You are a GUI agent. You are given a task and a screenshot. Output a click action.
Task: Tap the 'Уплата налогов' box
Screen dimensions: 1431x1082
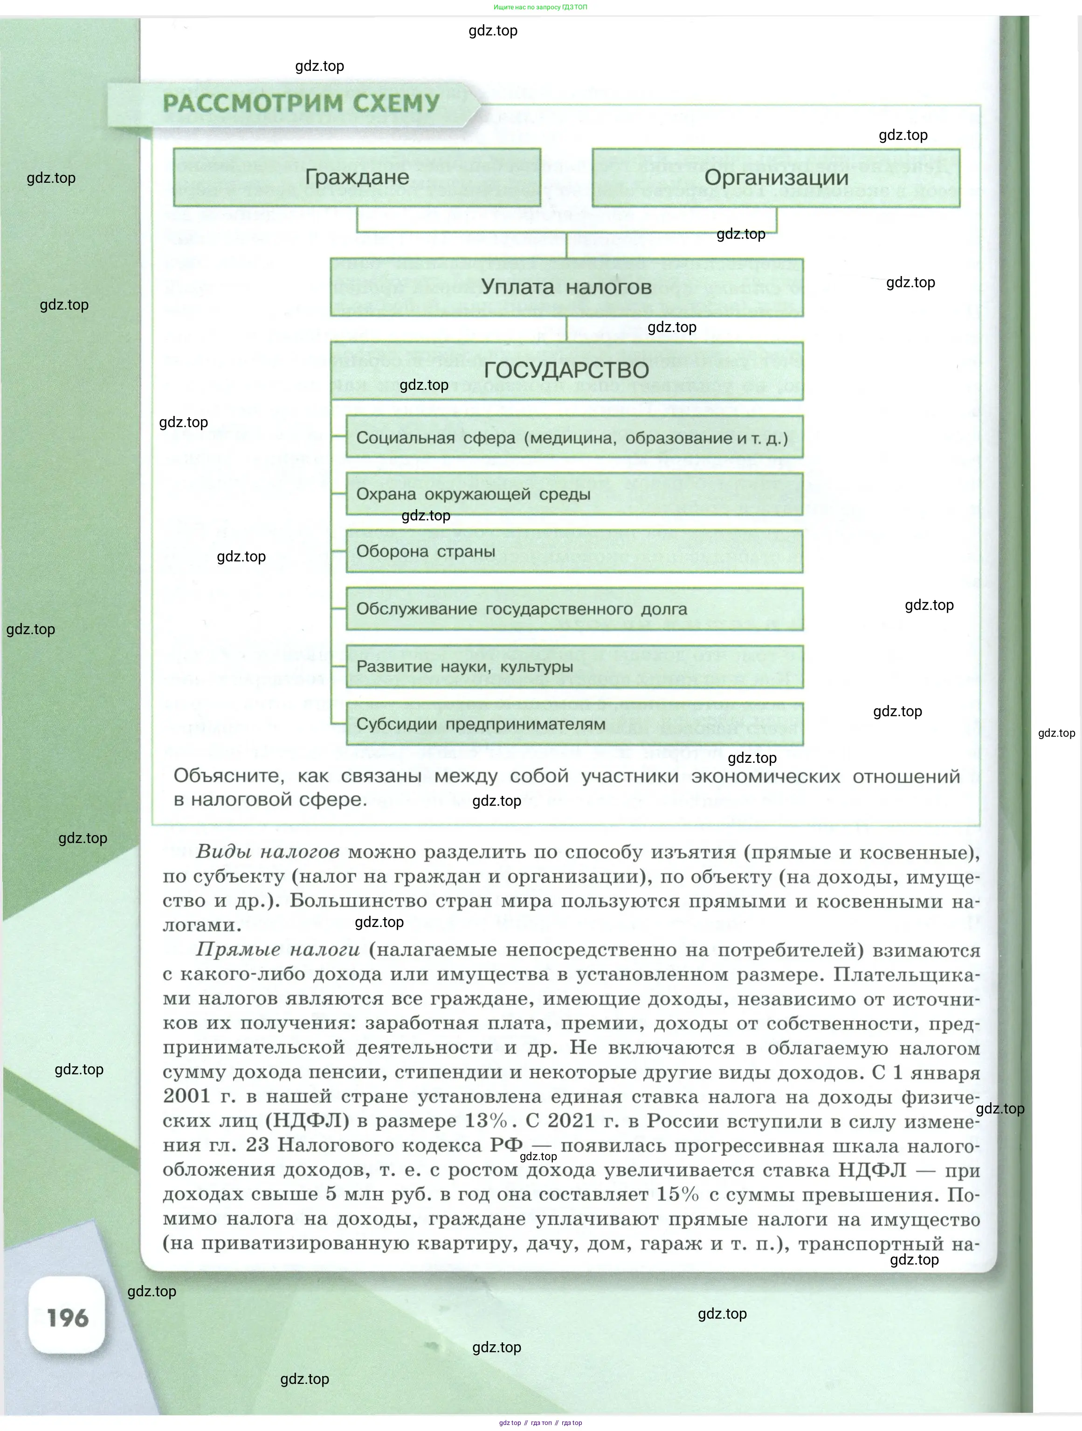click(x=566, y=287)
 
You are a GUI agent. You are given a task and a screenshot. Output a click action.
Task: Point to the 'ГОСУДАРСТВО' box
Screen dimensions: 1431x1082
click(x=566, y=370)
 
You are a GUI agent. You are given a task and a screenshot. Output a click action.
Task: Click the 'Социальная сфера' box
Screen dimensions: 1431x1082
click(x=574, y=438)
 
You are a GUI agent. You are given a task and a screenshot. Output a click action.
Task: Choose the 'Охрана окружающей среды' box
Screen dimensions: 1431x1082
click(x=574, y=495)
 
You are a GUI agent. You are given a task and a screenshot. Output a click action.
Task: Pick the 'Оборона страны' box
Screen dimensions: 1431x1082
click(x=574, y=552)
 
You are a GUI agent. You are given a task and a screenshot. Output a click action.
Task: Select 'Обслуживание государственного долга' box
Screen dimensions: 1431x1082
click(x=574, y=609)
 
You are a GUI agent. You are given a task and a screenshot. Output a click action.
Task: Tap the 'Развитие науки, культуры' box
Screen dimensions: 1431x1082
click(x=574, y=666)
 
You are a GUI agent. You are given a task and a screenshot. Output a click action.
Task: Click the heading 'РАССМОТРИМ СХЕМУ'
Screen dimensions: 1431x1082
click(x=301, y=104)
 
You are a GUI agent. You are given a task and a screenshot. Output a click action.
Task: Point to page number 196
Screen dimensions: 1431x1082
click(x=67, y=1318)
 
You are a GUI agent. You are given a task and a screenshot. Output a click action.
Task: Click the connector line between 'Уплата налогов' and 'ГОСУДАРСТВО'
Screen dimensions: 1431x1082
click(x=566, y=329)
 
